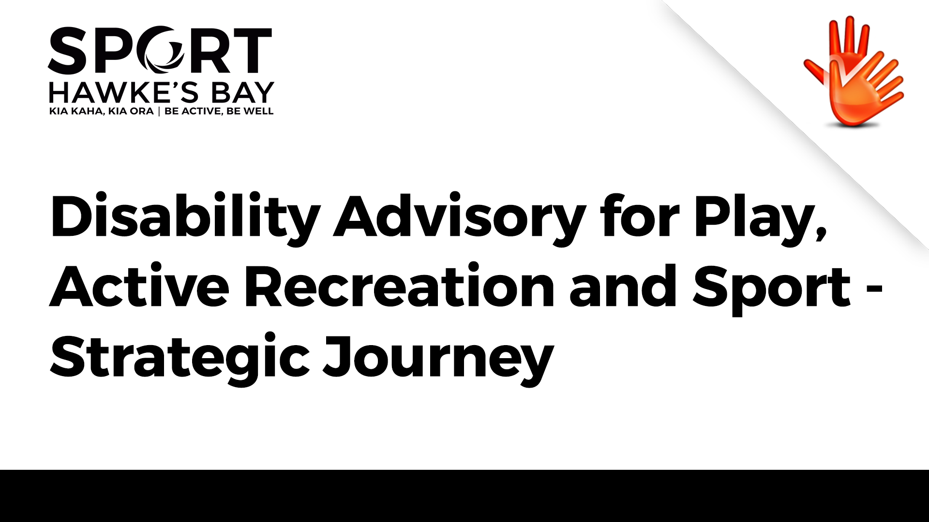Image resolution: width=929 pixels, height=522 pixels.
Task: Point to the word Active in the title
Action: (139, 286)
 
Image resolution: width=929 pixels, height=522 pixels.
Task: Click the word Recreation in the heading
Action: (399, 286)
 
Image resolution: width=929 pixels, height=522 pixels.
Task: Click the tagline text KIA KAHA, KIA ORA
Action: (101, 111)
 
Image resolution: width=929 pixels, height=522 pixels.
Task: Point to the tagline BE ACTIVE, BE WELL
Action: (219, 111)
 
